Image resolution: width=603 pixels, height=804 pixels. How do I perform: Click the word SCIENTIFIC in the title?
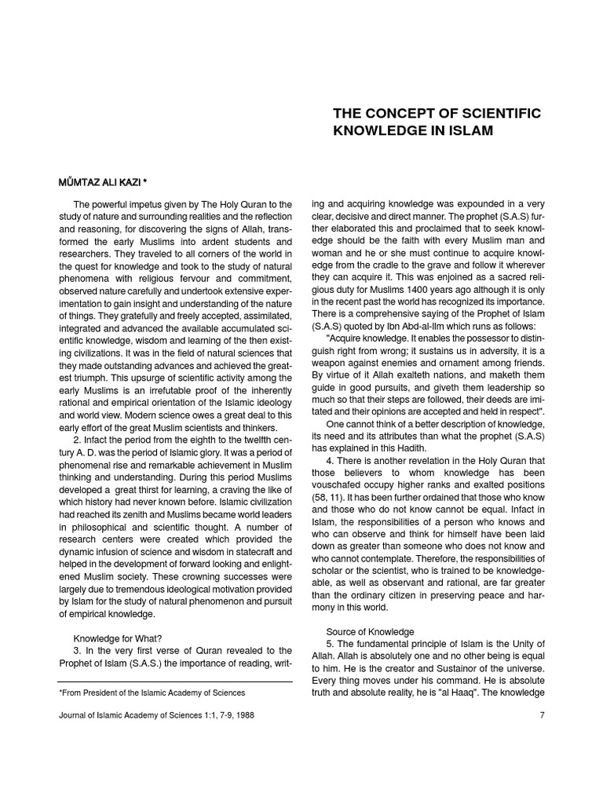(x=495, y=113)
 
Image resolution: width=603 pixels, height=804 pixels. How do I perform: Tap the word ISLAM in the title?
(x=471, y=131)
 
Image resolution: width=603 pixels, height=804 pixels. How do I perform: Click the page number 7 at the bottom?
(x=541, y=716)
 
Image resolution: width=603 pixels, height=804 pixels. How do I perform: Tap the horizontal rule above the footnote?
(x=176, y=682)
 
